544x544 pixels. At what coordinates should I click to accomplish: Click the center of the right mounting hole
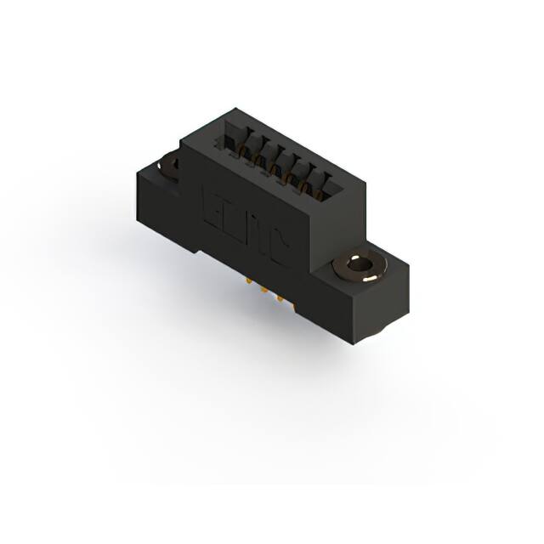tap(359, 266)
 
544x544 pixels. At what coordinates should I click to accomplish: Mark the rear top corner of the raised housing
tap(235, 110)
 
